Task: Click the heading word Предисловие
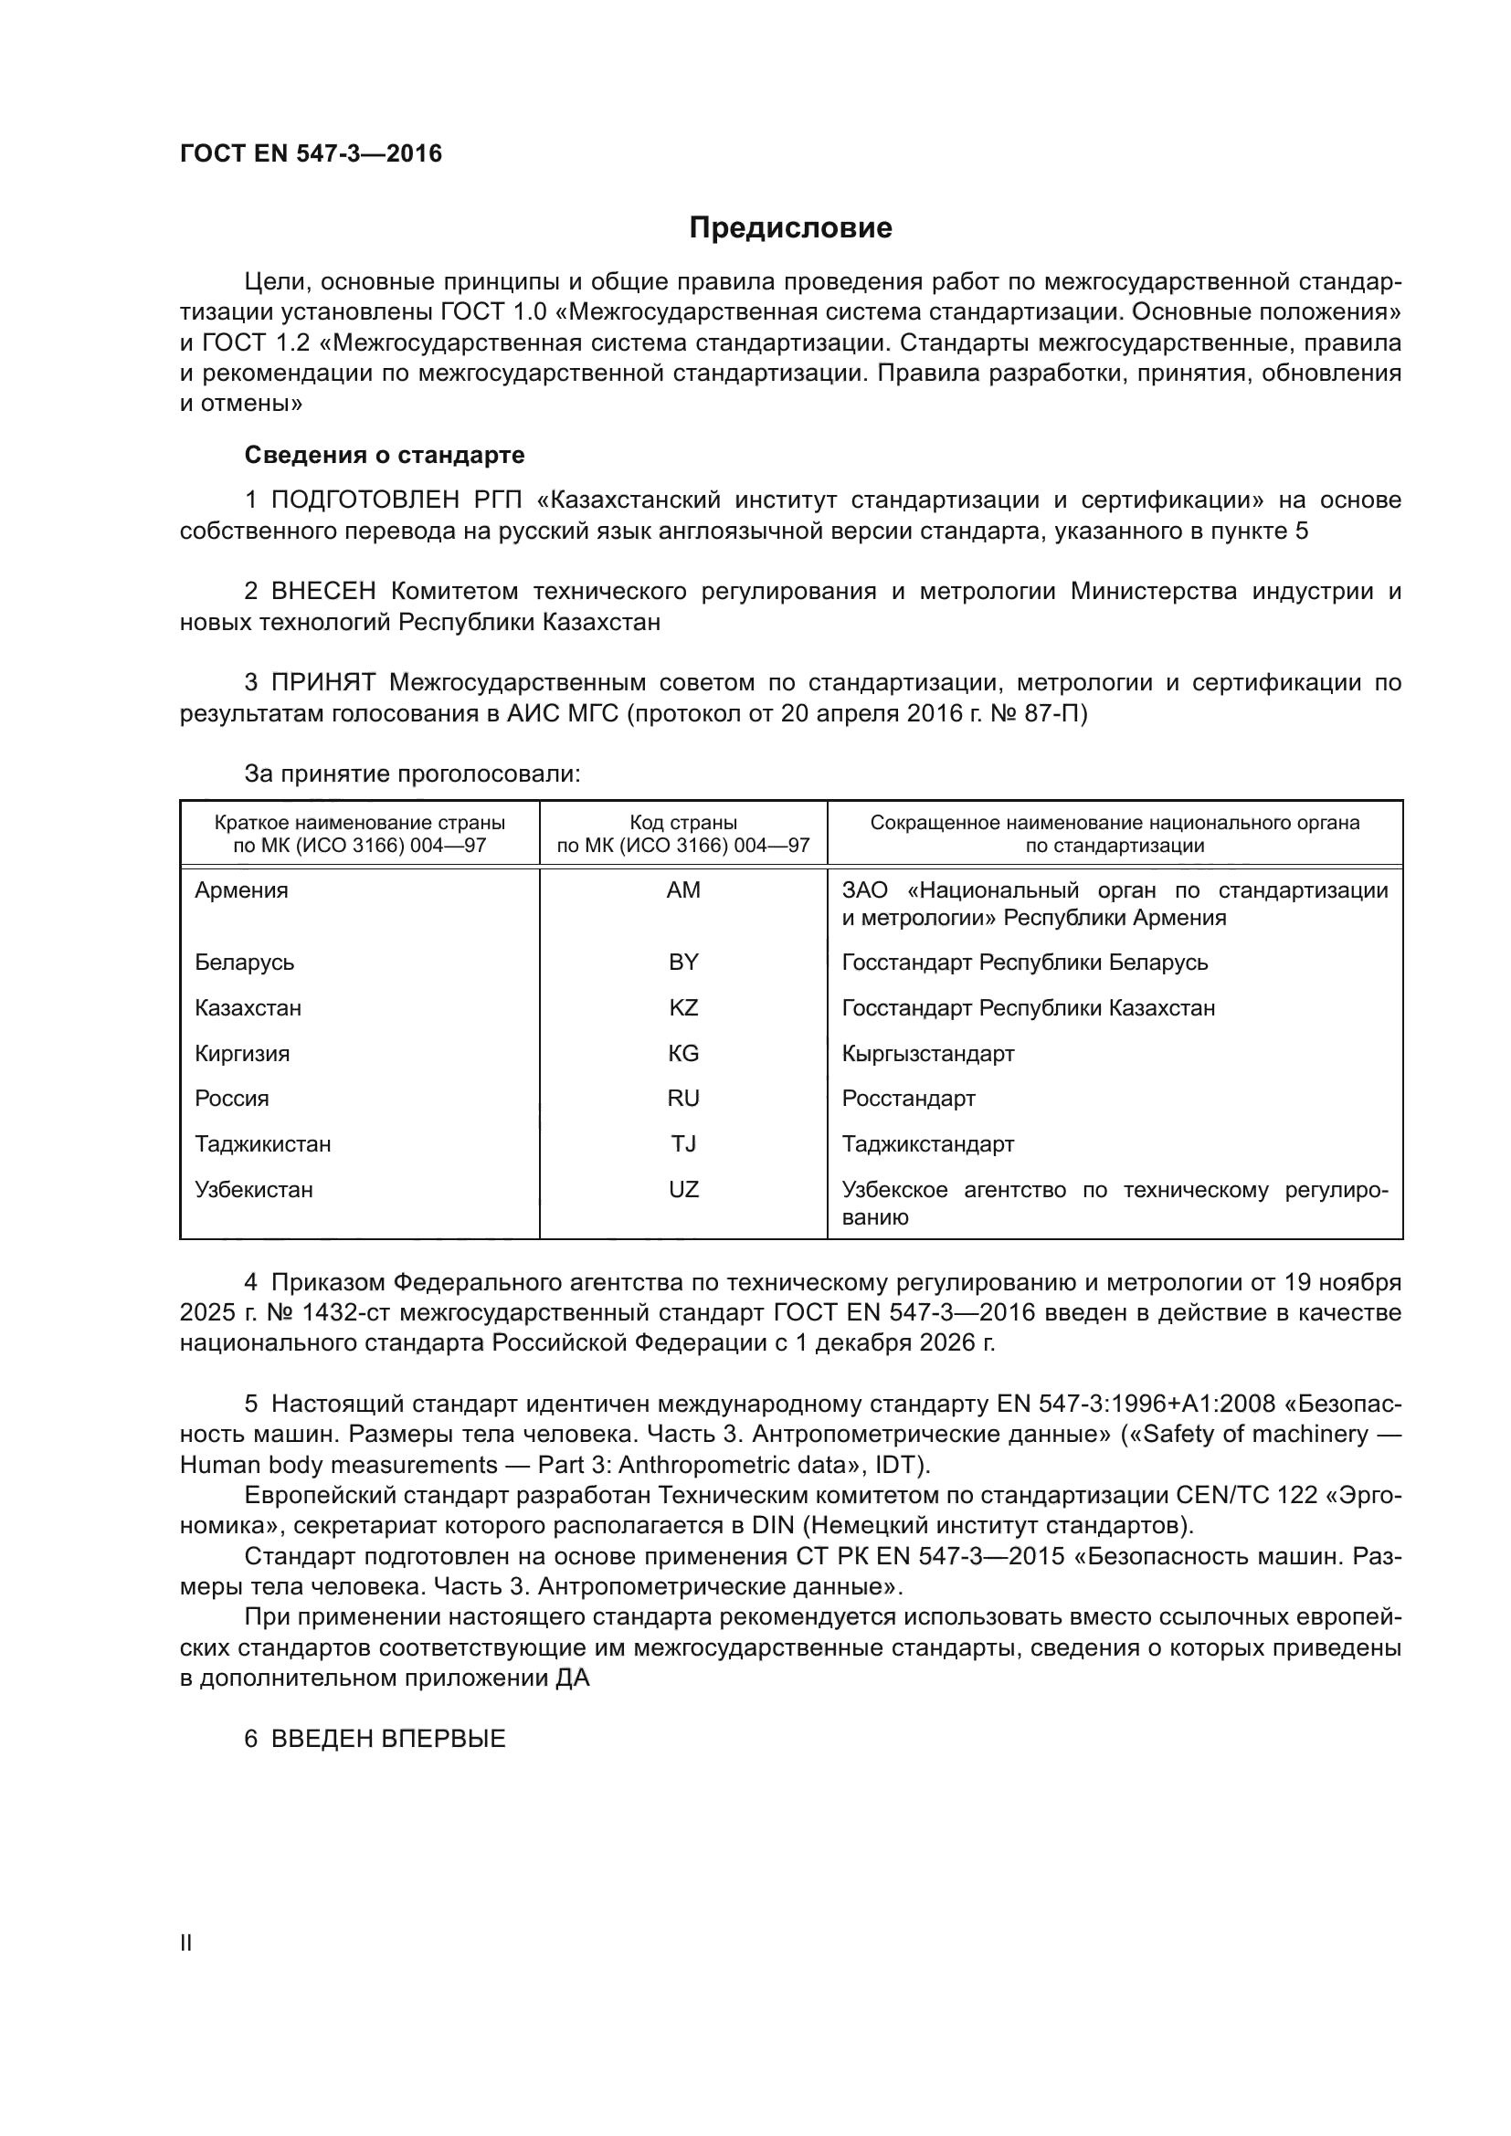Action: (x=790, y=228)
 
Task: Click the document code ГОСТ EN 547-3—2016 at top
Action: (x=311, y=153)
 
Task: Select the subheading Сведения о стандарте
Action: (x=385, y=455)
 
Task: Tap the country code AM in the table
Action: (x=683, y=890)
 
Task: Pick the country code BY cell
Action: (x=683, y=962)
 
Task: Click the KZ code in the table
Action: (x=683, y=1007)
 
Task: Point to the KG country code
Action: (x=683, y=1053)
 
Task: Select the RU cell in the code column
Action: (x=683, y=1098)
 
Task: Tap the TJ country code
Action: (x=683, y=1143)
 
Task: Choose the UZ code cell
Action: (x=683, y=1189)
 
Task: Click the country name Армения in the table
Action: (x=241, y=890)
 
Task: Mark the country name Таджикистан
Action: (x=262, y=1143)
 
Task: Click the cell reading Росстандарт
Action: (x=908, y=1098)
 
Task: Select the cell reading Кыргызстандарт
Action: (x=927, y=1053)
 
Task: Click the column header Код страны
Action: (x=683, y=823)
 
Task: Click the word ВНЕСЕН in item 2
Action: (x=322, y=592)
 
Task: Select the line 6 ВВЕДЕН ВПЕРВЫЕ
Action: (x=375, y=1739)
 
